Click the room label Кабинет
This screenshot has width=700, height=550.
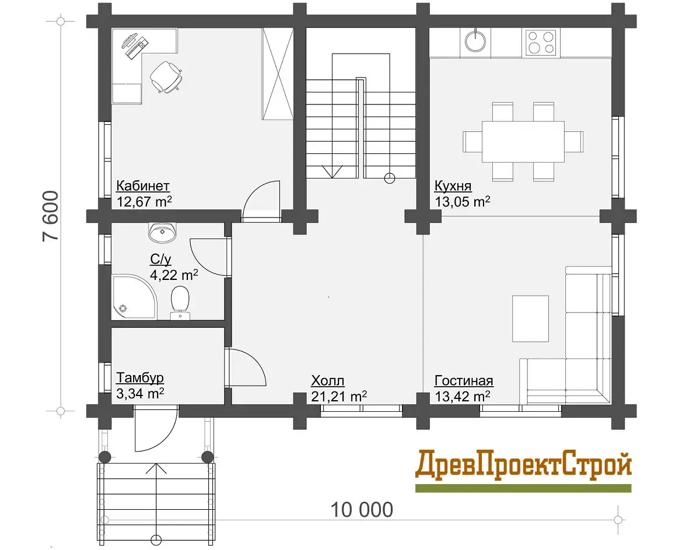pyautogui.click(x=143, y=187)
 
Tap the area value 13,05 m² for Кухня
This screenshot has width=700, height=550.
pyautogui.click(x=463, y=202)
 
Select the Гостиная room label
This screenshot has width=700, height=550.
pyautogui.click(x=464, y=381)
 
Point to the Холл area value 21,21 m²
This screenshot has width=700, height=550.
pyautogui.click(x=339, y=397)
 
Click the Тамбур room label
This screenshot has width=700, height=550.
pyautogui.click(x=140, y=378)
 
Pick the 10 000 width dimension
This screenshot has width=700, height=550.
pyautogui.click(x=362, y=510)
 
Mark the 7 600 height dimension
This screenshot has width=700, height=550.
pyautogui.click(x=51, y=216)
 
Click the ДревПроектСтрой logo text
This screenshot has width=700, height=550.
pyautogui.click(x=523, y=465)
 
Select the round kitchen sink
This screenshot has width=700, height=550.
pyautogui.click(x=475, y=41)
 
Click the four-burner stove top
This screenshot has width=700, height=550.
pyautogui.click(x=541, y=42)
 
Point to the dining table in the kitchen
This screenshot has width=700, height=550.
pyautogui.click(x=523, y=142)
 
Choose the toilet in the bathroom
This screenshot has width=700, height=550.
pyautogui.click(x=180, y=303)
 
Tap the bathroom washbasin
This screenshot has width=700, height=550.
pyautogui.click(x=163, y=233)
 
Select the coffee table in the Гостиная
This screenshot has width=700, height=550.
pyautogui.click(x=531, y=319)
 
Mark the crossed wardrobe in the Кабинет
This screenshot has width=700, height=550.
pyautogui.click(x=278, y=73)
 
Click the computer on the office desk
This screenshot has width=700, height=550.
pyautogui.click(x=135, y=45)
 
